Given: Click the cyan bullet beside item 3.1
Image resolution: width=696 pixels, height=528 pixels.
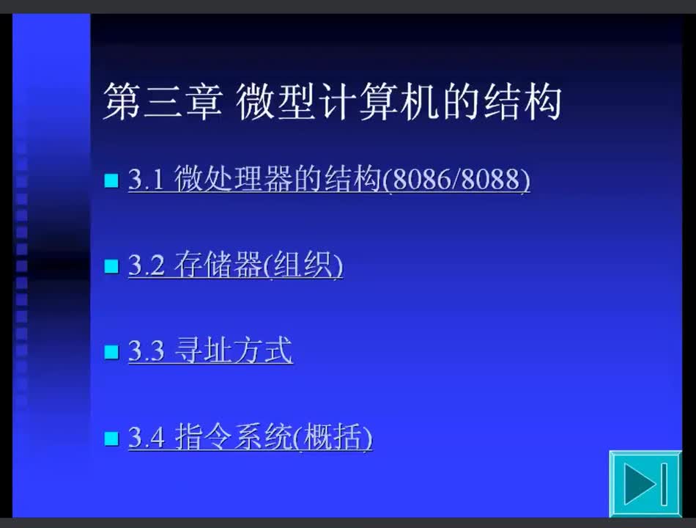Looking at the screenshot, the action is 111,180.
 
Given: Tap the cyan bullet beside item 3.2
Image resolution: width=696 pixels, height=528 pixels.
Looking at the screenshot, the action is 111,266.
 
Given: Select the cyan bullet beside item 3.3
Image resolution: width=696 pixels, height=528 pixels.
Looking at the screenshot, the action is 111,352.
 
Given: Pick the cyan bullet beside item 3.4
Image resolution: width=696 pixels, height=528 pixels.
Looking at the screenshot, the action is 111,439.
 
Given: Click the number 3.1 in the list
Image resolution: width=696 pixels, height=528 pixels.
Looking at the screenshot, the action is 147,180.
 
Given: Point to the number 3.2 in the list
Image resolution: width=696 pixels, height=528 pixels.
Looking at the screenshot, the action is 147,265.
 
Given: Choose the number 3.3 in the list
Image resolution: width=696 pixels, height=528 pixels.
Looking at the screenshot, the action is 147,351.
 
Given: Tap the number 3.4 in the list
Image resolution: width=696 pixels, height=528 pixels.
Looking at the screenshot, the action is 147,437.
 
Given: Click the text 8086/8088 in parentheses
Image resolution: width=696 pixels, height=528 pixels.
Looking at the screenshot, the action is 456,179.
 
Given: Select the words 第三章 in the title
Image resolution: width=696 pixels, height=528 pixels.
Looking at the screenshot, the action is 163,101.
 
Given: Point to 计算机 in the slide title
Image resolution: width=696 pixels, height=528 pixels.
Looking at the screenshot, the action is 379,101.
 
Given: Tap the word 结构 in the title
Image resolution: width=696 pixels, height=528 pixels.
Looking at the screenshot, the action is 522,101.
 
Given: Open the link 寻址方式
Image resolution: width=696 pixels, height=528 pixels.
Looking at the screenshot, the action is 234,351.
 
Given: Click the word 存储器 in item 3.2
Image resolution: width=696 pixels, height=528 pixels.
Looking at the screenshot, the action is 218,265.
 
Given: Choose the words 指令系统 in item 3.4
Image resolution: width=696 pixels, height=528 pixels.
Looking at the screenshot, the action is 234,436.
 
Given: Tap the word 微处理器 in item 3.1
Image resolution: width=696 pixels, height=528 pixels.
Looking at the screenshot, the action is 234,179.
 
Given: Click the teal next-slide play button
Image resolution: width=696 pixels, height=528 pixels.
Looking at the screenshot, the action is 645,483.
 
